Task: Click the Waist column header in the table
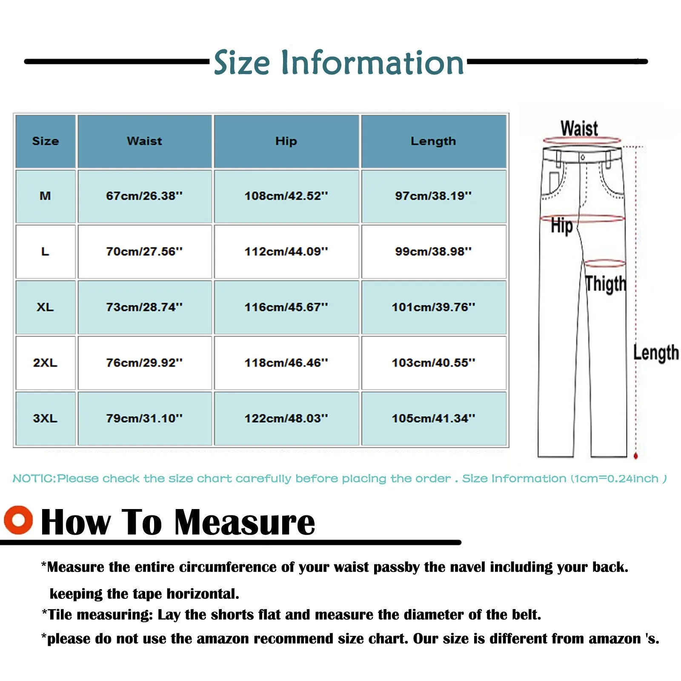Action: (144, 141)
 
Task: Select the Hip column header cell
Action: (286, 141)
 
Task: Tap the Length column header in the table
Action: (433, 141)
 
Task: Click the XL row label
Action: (45, 307)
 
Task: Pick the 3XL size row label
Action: (45, 418)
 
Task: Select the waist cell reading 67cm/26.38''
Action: (144, 196)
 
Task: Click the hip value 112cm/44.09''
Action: (286, 252)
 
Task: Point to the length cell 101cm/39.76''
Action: (433, 307)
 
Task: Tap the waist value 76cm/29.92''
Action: (144, 363)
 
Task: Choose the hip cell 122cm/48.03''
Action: (286, 418)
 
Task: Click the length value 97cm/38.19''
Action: (433, 196)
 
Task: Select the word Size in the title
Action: (242, 63)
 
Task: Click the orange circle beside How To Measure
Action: (18, 520)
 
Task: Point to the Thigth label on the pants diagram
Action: (605, 284)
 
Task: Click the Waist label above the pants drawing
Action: (579, 128)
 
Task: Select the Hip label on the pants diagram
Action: (561, 226)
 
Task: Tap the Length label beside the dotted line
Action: (655, 353)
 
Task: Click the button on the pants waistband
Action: (583, 157)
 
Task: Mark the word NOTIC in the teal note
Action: (34, 479)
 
